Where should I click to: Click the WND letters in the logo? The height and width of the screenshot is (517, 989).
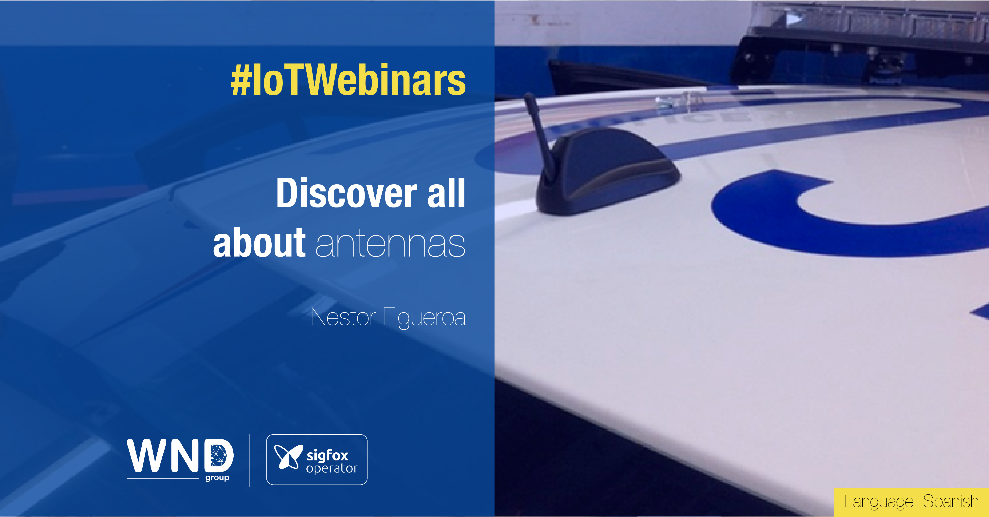[x=180, y=456]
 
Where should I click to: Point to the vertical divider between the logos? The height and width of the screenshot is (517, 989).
[x=250, y=461]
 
